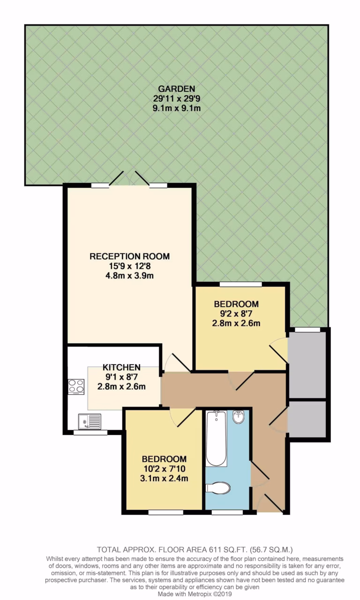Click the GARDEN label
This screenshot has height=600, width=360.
(x=176, y=89)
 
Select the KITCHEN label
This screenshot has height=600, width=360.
(x=121, y=367)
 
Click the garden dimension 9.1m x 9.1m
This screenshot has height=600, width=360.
(x=176, y=109)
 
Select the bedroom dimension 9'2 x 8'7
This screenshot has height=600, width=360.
(x=236, y=314)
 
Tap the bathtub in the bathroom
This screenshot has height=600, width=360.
(x=216, y=438)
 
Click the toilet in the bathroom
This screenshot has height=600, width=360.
(x=219, y=488)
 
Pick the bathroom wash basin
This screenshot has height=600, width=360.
(x=238, y=417)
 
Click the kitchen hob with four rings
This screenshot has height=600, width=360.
(x=76, y=386)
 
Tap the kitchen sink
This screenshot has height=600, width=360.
(x=89, y=421)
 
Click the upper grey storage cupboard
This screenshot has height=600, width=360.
(x=307, y=365)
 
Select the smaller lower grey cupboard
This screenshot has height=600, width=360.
(x=307, y=419)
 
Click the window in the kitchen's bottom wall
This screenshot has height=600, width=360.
(x=90, y=432)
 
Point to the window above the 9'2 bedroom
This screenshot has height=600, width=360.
(x=240, y=284)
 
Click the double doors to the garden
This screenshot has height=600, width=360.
(x=129, y=180)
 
